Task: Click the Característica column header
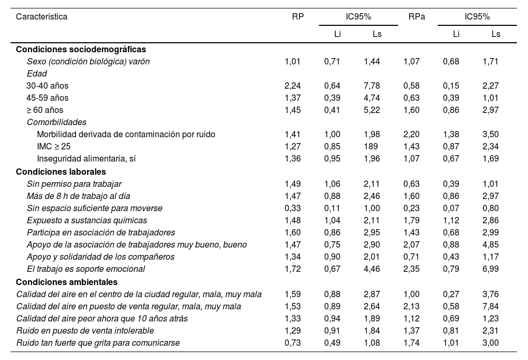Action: (42, 16)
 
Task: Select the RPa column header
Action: (417, 16)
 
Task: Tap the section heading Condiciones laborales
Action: (61, 172)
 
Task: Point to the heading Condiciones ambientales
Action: (67, 282)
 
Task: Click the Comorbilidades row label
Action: (56, 122)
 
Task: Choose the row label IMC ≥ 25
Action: (54, 146)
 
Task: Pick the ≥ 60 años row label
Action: (45, 110)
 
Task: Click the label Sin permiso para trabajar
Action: (74, 184)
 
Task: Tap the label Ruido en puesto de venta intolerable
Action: (85, 330)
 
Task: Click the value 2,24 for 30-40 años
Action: (293, 86)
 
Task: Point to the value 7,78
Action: (372, 86)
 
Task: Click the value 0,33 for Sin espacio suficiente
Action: (293, 208)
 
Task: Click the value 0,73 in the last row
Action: (293, 343)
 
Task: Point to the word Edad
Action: (36, 73)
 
